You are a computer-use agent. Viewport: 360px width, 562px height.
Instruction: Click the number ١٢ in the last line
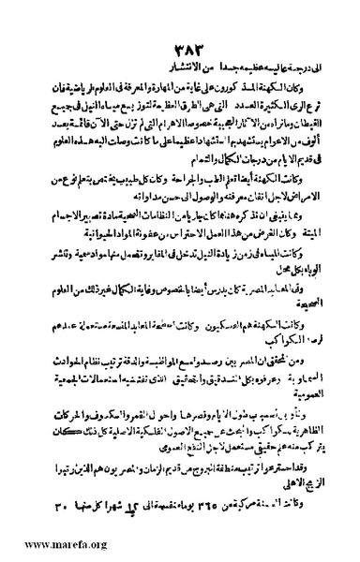[x=116, y=507]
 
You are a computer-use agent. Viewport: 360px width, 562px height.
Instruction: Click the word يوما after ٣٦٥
[x=182, y=507]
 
